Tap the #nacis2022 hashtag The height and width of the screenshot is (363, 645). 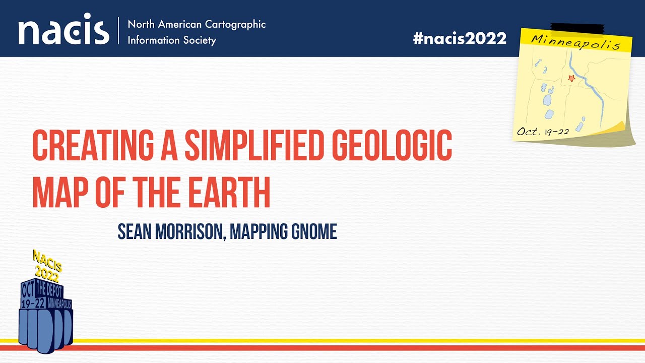coord(460,38)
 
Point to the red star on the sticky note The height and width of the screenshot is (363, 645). coord(571,78)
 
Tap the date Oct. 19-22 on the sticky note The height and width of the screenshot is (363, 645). coord(543,132)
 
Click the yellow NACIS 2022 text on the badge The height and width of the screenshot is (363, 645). coord(47,266)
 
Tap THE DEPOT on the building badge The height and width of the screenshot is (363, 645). coord(50,290)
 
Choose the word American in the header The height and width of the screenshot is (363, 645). coord(178,24)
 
